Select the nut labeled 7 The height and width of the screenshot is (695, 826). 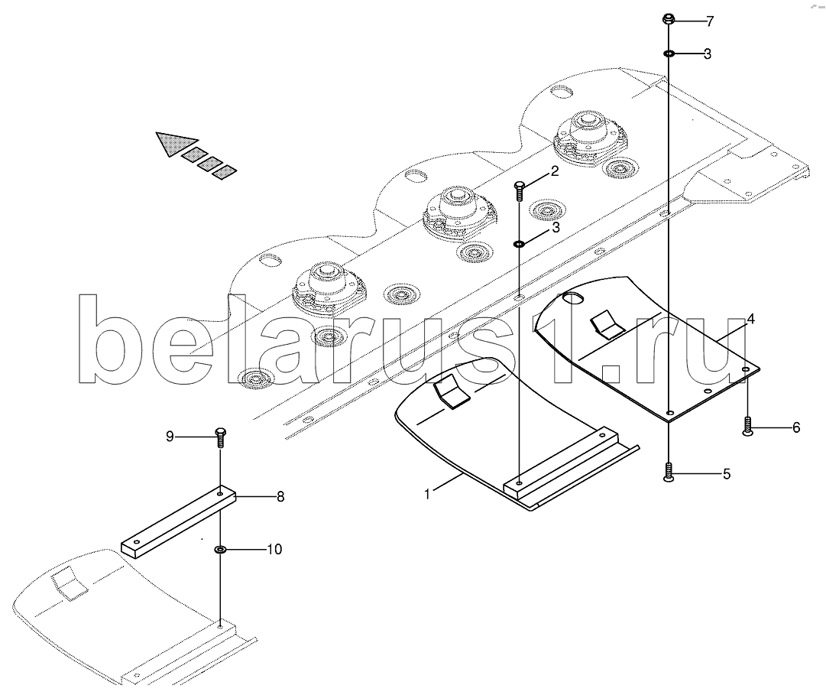668,19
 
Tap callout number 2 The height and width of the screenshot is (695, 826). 555,171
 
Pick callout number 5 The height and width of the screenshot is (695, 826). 726,474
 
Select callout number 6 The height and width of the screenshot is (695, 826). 795,428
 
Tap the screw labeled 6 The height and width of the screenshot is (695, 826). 747,426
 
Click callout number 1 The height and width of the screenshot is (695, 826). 428,494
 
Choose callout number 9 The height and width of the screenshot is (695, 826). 170,437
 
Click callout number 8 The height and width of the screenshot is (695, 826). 280,496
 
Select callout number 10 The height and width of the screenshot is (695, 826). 274,549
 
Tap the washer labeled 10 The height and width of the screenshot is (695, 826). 220,549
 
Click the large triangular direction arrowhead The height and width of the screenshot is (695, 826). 173,142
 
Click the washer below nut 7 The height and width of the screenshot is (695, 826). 669,54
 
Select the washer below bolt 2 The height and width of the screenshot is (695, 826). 518,244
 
